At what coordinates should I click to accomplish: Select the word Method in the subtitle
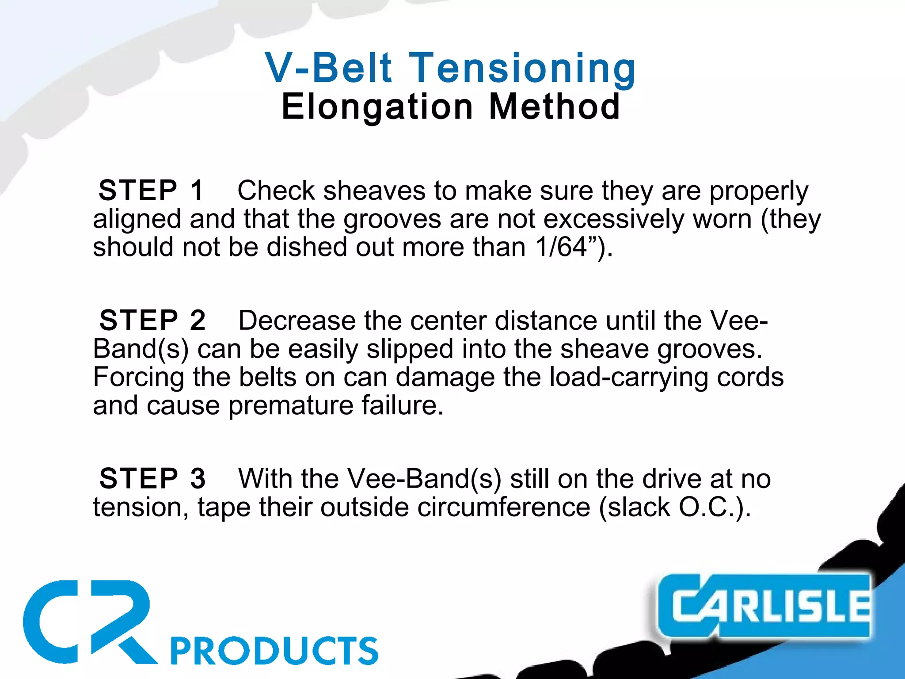[555, 107]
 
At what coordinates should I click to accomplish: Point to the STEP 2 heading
[152, 320]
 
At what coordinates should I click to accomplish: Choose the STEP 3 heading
[152, 478]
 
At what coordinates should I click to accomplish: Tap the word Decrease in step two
[297, 320]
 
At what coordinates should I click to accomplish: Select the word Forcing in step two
[138, 377]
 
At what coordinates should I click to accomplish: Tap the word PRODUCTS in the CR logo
[274, 651]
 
